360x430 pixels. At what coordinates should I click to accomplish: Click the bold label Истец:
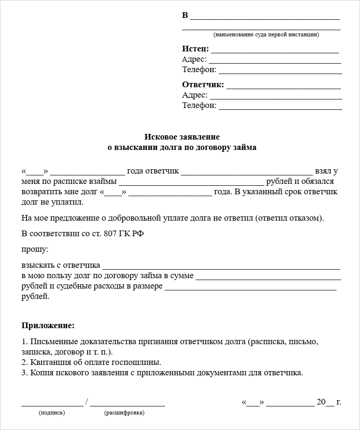pyautogui.click(x=195, y=49)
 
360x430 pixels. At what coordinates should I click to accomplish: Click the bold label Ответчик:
pyautogui.click(x=203, y=85)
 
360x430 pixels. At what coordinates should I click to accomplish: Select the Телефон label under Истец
pyautogui.click(x=199, y=70)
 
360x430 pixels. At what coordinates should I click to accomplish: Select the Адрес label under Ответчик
pyautogui.click(x=194, y=95)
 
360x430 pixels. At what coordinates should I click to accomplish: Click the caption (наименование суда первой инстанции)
pyautogui.click(x=266, y=34)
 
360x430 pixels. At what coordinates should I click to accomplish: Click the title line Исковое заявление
pyautogui.click(x=182, y=137)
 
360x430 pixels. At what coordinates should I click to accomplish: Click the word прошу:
pyautogui.click(x=35, y=249)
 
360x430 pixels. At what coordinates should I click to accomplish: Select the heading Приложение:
pyautogui.click(x=48, y=325)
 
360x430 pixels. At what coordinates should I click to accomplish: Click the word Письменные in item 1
pyautogui.click(x=50, y=341)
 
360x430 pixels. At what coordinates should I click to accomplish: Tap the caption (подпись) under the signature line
pyautogui.click(x=52, y=413)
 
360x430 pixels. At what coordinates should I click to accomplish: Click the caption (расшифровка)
pyautogui.click(x=124, y=413)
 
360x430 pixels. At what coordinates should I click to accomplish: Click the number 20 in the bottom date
pyautogui.click(x=321, y=402)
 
